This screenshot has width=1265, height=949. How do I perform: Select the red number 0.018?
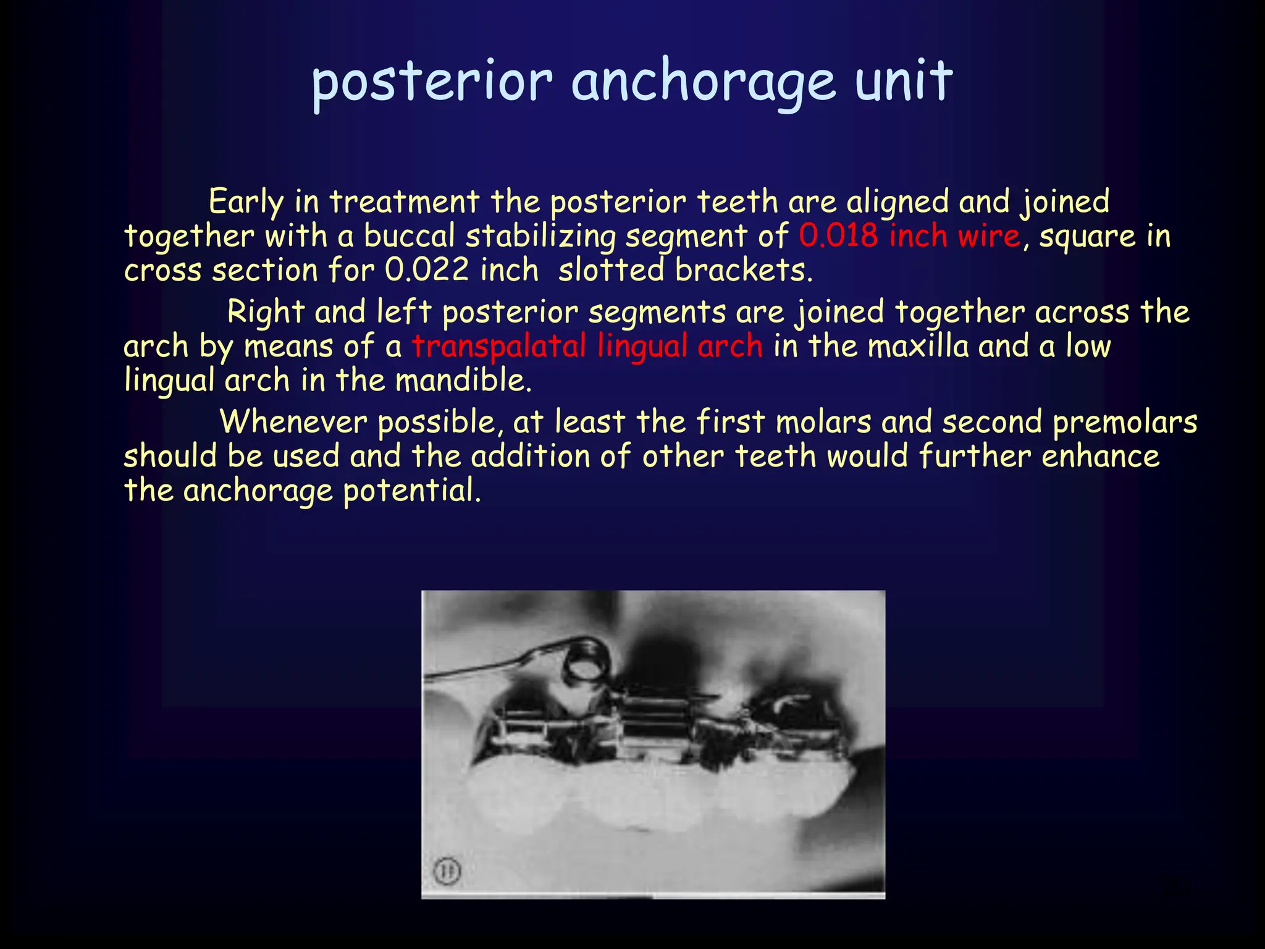pos(838,236)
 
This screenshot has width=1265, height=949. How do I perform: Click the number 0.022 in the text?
pos(427,270)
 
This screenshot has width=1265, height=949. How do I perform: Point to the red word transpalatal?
pos(499,346)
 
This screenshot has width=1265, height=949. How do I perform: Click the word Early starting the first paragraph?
pos(246,202)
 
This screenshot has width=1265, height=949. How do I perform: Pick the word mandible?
pos(463,380)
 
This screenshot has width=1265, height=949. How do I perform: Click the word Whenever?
pos(293,422)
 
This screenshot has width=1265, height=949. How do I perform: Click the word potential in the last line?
pos(411,491)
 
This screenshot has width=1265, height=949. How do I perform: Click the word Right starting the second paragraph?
pos(266,311)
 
